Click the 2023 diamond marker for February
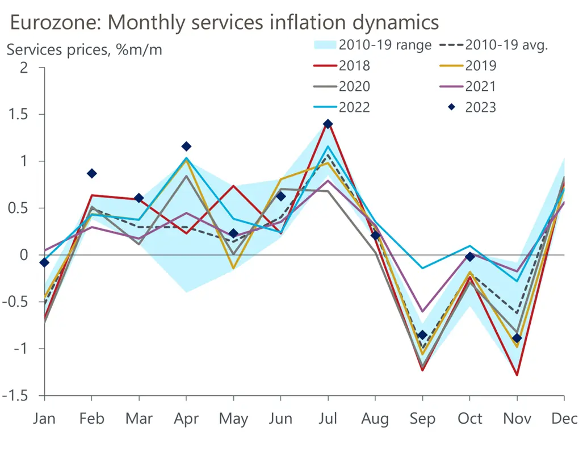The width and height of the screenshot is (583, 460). pyautogui.click(x=92, y=173)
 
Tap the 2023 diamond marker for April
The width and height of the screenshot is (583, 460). pyautogui.click(x=186, y=147)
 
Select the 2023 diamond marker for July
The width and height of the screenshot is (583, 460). pyautogui.click(x=328, y=124)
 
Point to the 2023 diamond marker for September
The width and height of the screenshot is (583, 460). pyautogui.click(x=422, y=334)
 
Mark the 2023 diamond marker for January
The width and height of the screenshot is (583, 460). pyautogui.click(x=45, y=262)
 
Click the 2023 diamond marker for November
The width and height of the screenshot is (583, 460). pyautogui.click(x=517, y=338)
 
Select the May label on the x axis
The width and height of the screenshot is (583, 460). pyautogui.click(x=233, y=420)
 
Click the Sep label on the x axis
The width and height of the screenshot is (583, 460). pyautogui.click(x=422, y=420)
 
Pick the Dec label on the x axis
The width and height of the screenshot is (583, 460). pyautogui.click(x=565, y=420)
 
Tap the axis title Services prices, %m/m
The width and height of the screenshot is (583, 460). pyautogui.click(x=84, y=50)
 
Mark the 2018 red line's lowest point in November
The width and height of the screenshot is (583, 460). pyautogui.click(x=517, y=375)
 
